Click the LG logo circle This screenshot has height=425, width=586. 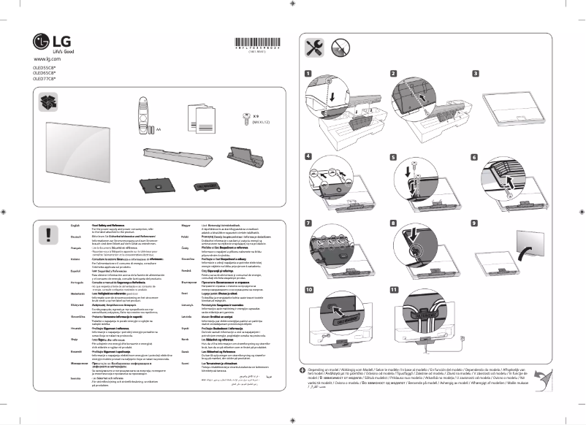click(41, 40)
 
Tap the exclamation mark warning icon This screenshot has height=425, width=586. click(47, 233)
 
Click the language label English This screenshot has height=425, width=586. click(65, 226)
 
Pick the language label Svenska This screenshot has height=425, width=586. click(65, 379)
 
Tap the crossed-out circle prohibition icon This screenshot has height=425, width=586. click(340, 47)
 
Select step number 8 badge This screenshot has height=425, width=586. click(392, 223)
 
